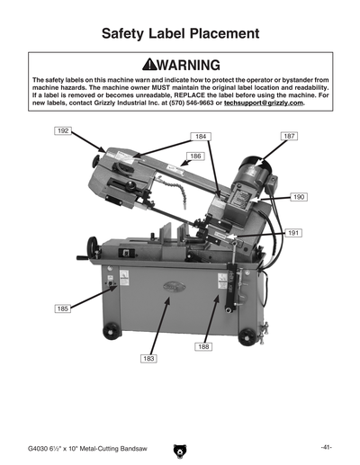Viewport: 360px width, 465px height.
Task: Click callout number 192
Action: click(63, 131)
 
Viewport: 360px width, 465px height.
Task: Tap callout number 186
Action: click(194, 156)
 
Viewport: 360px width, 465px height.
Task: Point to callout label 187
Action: click(289, 136)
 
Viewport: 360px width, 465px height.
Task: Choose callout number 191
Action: click(293, 233)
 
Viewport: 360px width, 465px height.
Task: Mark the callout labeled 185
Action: click(62, 309)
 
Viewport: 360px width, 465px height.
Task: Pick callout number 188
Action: click(203, 345)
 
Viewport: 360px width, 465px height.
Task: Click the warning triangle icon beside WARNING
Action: click(139, 66)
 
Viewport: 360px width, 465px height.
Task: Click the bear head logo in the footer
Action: click(180, 447)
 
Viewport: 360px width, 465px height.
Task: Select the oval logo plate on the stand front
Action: click(168, 288)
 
